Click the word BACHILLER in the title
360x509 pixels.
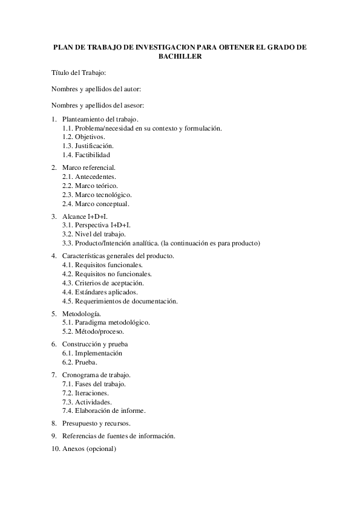click(180, 56)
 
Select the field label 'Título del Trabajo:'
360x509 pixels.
click(79, 73)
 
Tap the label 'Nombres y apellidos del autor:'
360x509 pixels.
click(96, 89)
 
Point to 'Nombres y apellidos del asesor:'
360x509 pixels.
click(97, 106)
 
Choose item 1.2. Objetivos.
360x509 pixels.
click(83, 137)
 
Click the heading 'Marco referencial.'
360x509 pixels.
click(89, 167)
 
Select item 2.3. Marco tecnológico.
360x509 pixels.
click(97, 195)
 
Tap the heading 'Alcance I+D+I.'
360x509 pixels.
click(85, 216)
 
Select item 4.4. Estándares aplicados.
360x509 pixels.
click(96, 292)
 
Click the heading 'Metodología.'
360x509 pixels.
click(82, 314)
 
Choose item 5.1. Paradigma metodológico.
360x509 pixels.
click(106, 322)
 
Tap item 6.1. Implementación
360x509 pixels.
click(92, 353)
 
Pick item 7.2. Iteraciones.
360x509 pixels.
click(85, 393)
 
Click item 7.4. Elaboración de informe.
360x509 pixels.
click(103, 411)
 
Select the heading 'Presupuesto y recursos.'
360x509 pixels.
click(96, 423)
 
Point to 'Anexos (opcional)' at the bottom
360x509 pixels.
click(89, 449)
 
